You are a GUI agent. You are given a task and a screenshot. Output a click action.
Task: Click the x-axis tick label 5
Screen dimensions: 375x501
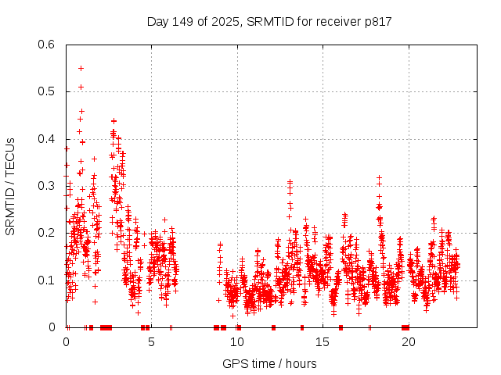152,341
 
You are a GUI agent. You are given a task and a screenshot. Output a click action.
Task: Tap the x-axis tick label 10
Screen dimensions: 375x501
237,341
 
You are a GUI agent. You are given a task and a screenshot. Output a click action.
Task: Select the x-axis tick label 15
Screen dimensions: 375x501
323,341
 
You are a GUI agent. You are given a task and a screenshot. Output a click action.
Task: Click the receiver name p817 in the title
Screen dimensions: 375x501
377,22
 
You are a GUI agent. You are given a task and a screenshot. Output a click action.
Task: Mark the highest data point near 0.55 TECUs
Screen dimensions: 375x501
81,68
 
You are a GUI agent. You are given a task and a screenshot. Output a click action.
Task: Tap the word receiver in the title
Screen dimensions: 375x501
337,22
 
